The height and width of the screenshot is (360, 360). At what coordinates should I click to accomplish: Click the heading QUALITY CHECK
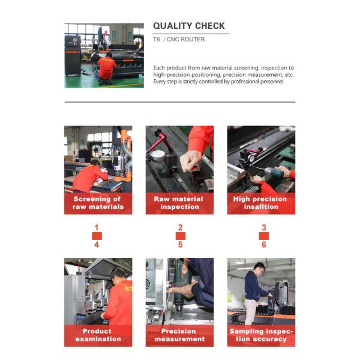point(189,26)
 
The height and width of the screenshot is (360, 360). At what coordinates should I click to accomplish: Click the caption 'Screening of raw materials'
point(97,203)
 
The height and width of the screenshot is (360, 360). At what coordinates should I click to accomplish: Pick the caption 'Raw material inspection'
point(179,203)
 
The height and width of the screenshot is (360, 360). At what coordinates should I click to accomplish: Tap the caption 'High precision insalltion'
point(261,203)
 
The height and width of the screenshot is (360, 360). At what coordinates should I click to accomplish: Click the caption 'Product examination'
point(97,335)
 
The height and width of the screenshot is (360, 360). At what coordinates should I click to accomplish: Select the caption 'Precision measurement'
point(179,335)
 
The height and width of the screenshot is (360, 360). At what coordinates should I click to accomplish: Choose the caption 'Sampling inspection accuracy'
point(261,335)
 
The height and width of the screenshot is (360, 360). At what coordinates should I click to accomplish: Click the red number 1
point(96,228)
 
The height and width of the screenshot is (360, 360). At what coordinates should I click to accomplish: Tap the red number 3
point(263,228)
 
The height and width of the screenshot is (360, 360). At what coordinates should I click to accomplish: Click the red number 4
point(96,244)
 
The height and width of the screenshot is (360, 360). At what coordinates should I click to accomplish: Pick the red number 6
point(263,244)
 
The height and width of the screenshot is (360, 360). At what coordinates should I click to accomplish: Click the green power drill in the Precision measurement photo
point(180,282)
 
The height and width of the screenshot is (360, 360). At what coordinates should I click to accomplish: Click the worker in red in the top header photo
point(107,65)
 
